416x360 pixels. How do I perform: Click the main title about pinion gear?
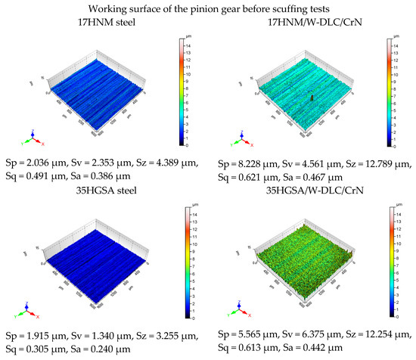(208, 8)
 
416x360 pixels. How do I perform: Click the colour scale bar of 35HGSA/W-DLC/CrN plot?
(392, 262)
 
